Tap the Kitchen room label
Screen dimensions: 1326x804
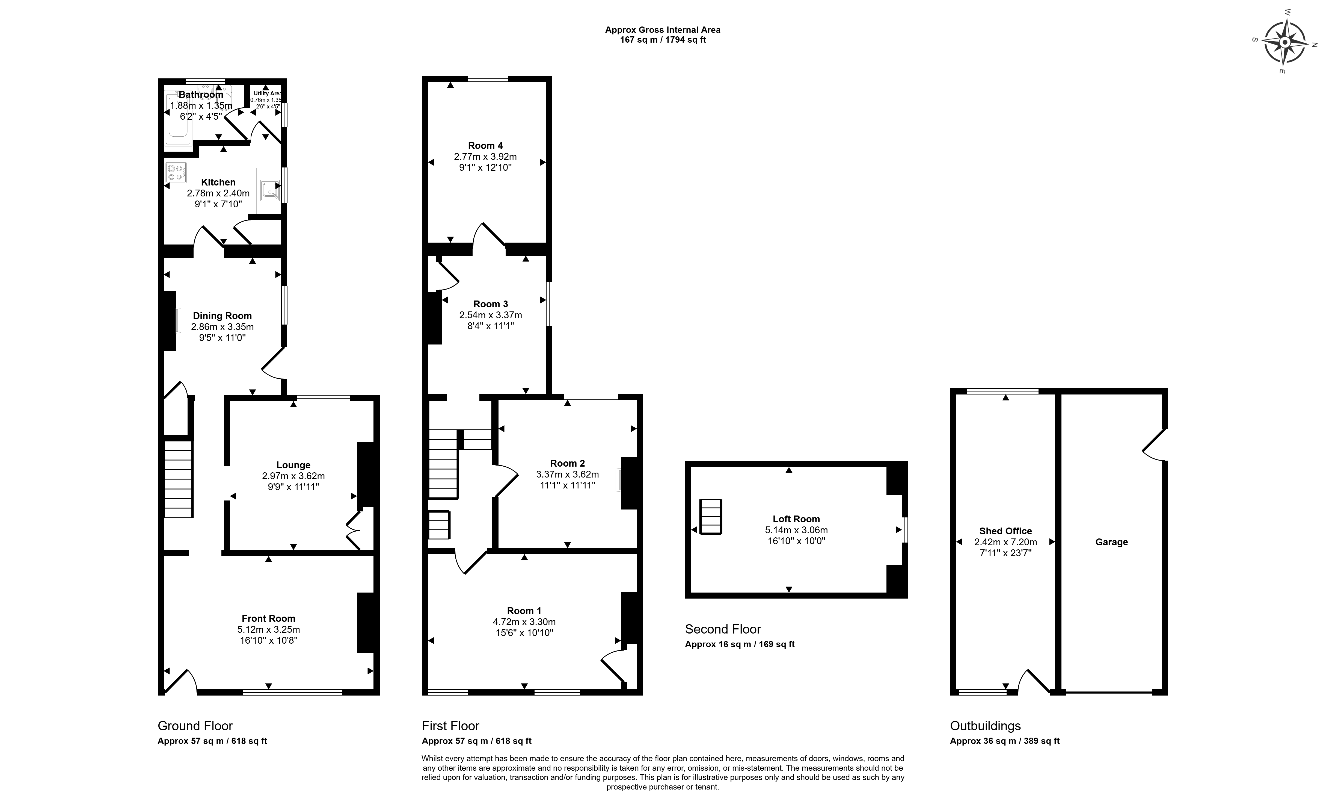[x=218, y=182]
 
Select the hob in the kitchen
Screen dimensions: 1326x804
[x=176, y=172]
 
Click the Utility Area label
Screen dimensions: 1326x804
[x=268, y=93]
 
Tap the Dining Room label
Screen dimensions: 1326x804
[x=222, y=316]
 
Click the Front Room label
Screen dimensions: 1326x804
[x=269, y=618]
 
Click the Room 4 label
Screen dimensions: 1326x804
[x=485, y=145]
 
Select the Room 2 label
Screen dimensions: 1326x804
[x=567, y=463]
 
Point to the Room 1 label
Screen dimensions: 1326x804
[x=524, y=611]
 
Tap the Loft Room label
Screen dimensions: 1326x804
[x=796, y=519]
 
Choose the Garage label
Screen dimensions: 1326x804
[x=1111, y=542]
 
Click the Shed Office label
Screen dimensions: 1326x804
[x=1005, y=531]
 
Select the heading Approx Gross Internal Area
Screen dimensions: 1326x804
[x=663, y=30]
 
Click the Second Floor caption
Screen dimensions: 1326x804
[x=723, y=629]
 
